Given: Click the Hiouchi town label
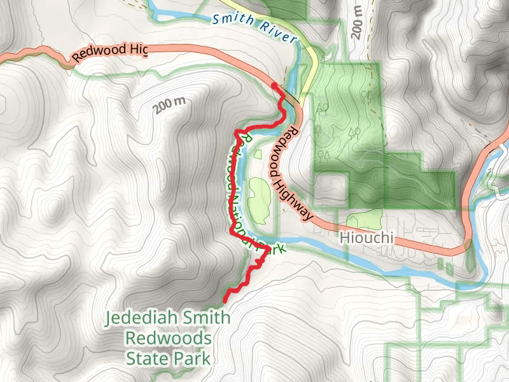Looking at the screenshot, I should (x=367, y=239).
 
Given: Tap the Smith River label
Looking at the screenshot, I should (x=249, y=24).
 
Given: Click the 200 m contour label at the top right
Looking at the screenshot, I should (x=356, y=21).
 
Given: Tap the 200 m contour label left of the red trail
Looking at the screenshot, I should (x=169, y=105).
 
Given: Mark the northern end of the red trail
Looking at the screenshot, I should (x=274, y=85).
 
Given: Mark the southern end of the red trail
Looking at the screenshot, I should (x=225, y=299).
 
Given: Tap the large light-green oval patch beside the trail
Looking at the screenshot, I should (x=259, y=199).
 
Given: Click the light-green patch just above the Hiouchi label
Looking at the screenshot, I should (x=365, y=219).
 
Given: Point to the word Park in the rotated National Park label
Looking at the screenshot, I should (x=270, y=249).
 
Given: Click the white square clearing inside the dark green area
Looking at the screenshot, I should (x=331, y=189).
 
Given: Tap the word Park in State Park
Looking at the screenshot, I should (x=193, y=358).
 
